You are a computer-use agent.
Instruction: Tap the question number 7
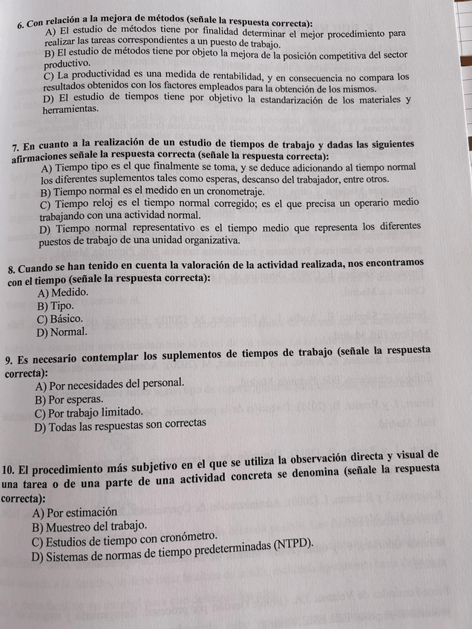pyautogui.click(x=16, y=148)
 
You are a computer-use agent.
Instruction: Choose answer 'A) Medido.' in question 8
pyautogui.click(x=62, y=292)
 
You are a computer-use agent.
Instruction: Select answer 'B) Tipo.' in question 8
pyautogui.click(x=56, y=306)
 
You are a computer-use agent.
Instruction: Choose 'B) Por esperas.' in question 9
pyautogui.click(x=68, y=398)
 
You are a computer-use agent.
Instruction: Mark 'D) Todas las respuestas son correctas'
pyautogui.click(x=119, y=425)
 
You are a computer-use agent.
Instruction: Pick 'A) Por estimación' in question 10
pyautogui.click(x=74, y=513)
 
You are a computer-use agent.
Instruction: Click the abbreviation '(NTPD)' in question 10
pyautogui.click(x=293, y=543)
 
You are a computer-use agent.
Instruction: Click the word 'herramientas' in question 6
pyautogui.click(x=70, y=109)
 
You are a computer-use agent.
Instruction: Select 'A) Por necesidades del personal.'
pyautogui.click(x=109, y=384)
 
